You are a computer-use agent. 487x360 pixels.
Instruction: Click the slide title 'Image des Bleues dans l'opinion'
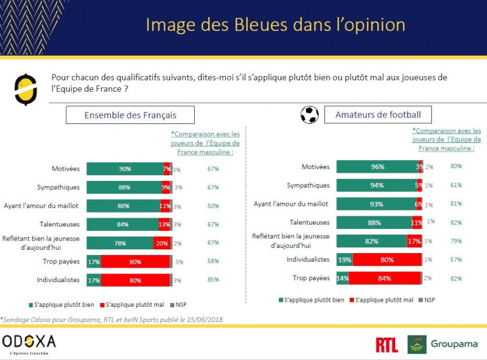click(x=275, y=25)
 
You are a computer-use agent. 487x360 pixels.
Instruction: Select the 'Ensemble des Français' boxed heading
click(x=130, y=115)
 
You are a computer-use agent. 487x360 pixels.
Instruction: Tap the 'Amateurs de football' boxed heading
click(x=378, y=115)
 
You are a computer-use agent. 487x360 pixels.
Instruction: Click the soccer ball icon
click(x=309, y=115)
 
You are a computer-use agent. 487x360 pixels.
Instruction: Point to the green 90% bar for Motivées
click(x=125, y=169)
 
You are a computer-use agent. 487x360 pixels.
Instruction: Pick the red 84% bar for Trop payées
click(x=385, y=278)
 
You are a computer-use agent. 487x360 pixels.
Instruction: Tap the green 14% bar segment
click(x=342, y=278)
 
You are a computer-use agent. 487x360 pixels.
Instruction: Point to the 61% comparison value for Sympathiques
click(x=455, y=185)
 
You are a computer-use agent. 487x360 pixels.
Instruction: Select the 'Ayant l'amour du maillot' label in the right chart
click(x=292, y=204)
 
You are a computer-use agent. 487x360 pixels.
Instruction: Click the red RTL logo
click(x=386, y=345)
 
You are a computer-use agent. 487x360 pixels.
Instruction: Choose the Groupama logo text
click(x=455, y=345)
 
